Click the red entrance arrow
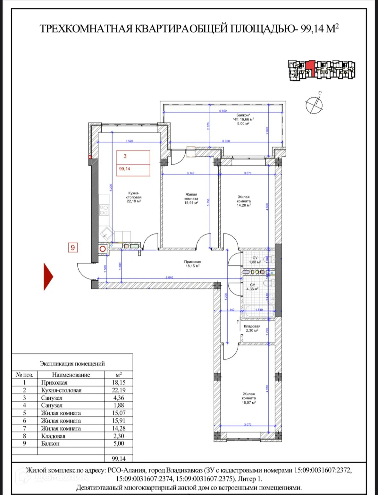coord(48,277)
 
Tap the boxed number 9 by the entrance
coord(73,247)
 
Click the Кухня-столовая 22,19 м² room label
coord(134,197)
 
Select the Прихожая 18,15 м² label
coord(193,264)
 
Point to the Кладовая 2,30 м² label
coord(252,328)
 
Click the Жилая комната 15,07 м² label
coord(249,398)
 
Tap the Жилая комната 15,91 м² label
coord(191,199)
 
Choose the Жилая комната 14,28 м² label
coord(244,201)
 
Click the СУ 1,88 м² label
coord(255,260)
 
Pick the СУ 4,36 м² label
coord(252,287)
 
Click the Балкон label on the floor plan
coord(243,119)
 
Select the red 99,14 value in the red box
coord(125,169)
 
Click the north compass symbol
coord(314,104)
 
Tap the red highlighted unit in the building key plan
coord(310,67)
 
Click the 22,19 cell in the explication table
coord(119,390)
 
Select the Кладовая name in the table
coord(53,436)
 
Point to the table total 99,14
coord(119,459)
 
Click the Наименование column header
coord(71,375)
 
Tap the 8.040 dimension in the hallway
coord(169,277)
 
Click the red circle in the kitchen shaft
coord(103,249)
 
